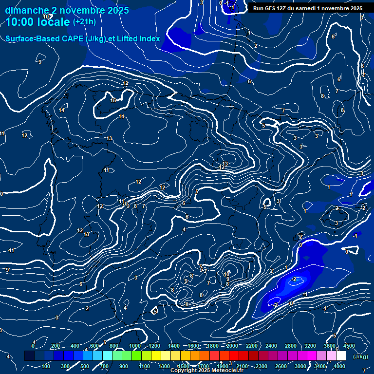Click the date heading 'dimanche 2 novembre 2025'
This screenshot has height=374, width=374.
point(67,10)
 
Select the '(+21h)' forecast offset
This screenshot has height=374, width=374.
point(84,22)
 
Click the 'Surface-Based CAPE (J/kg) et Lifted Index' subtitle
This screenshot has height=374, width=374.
point(83,38)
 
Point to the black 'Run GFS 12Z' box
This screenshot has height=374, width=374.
point(308,8)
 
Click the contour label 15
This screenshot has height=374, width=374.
point(113,100)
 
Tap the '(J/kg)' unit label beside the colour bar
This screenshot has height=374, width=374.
point(360,357)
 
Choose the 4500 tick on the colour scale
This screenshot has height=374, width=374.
point(349,346)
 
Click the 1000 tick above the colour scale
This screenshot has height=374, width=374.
point(134,346)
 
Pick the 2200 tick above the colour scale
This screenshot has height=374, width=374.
point(252,346)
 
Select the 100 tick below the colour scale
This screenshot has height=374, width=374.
point(46,366)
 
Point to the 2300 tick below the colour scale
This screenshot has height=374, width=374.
point(262,366)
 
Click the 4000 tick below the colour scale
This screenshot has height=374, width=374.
point(340,366)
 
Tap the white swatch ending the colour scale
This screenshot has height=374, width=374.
point(341,356)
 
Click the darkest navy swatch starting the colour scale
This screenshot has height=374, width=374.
point(29,356)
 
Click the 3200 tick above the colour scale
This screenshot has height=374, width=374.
point(310,346)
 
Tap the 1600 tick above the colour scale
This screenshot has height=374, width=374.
point(193,346)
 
